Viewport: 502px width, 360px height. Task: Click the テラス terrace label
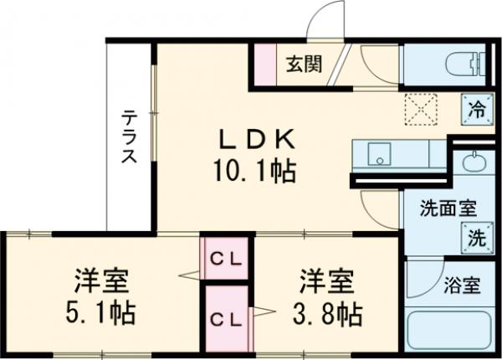[x=130, y=137]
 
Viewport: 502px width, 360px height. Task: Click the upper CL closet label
[x=225, y=259]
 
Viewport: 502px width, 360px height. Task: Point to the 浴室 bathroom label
[x=462, y=285]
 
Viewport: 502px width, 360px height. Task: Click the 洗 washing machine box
[x=474, y=238]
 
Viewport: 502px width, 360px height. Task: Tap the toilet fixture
[x=452, y=60]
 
